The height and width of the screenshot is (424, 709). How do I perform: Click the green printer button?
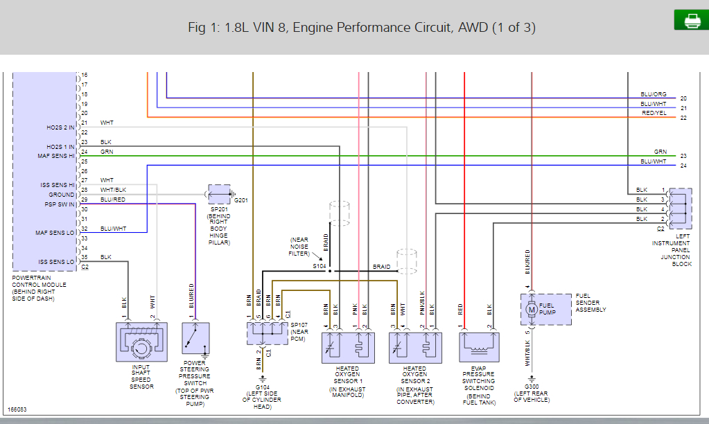pos(691,21)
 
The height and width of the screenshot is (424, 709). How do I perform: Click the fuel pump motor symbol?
pos(532,310)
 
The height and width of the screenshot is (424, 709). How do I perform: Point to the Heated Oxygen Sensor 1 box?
pos(348,345)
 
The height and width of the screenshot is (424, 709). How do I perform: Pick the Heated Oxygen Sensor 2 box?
pos(414,345)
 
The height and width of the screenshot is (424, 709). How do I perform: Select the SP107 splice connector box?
pos(268,333)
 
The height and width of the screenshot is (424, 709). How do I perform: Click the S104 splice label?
pos(319,265)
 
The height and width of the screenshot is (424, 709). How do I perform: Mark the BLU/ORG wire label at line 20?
pos(654,94)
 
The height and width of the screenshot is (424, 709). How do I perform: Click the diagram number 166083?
pos(19,410)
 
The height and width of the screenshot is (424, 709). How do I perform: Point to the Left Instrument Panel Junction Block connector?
pos(681,207)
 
